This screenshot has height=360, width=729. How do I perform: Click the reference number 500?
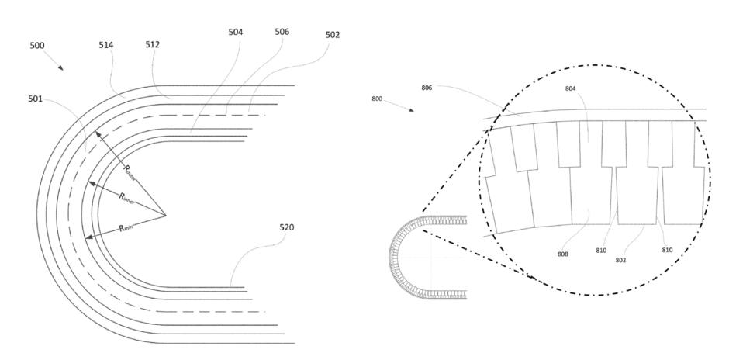(36, 46)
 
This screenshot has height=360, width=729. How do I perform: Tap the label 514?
(106, 46)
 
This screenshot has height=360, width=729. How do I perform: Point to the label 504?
(236, 33)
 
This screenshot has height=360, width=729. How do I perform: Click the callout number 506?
(282, 33)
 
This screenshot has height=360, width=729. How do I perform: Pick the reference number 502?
(333, 35)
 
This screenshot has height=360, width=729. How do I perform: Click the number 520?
(288, 228)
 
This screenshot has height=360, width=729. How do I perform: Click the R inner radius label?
(127, 198)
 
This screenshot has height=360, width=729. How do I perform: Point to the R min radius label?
(127, 229)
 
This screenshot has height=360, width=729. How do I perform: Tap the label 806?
(427, 88)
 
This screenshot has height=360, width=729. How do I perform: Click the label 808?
(561, 253)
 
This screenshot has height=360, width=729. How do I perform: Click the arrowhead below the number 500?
(60, 67)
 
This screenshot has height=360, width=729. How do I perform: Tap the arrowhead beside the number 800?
(411, 109)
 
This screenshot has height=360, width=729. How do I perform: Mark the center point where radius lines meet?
(165, 214)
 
